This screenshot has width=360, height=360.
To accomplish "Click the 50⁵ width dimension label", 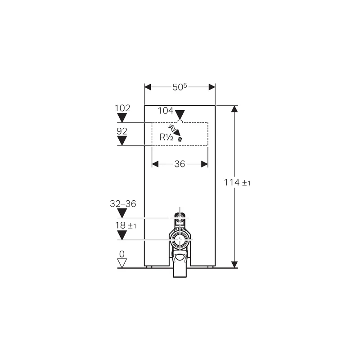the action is pyautogui.click(x=180, y=87).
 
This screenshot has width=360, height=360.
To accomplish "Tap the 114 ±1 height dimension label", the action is pyautogui.click(x=237, y=183).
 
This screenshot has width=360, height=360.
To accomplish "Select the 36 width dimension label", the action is pyautogui.click(x=180, y=164).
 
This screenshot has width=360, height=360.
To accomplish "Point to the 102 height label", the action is pyautogui.click(x=122, y=108).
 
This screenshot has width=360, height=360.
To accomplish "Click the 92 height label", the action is pyautogui.click(x=122, y=131).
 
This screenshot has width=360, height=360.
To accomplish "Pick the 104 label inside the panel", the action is pyautogui.click(x=165, y=111).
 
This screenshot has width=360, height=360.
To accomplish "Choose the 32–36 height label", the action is pyautogui.click(x=123, y=204).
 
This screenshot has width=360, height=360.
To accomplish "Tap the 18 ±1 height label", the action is pyautogui.click(x=126, y=225).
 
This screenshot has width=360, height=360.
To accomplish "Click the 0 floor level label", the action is pyautogui.click(x=122, y=254).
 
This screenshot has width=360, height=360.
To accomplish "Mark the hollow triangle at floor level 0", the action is pyautogui.click(x=122, y=263).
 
